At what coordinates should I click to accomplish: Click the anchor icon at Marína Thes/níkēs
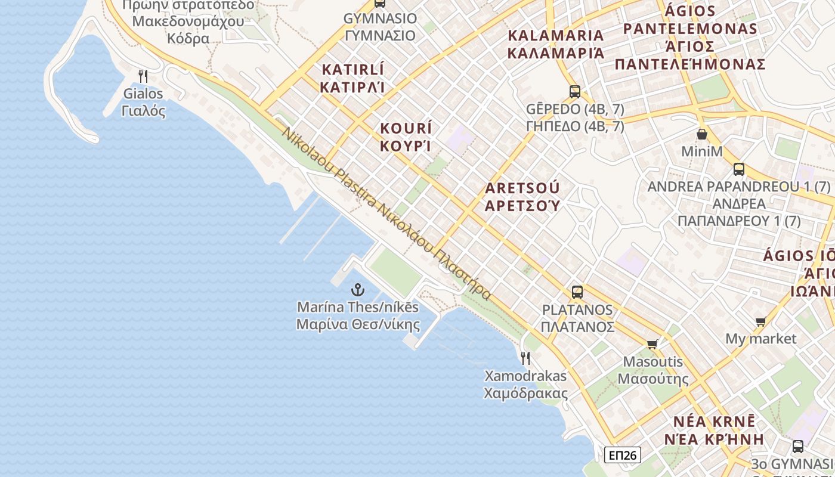point(357,290)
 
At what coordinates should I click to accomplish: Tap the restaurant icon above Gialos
point(143,76)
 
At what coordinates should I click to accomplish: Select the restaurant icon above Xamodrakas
point(525,358)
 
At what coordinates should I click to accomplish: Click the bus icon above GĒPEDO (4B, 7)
point(575,91)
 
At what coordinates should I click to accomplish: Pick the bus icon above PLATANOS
point(577,292)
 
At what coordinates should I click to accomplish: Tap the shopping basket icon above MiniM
point(702,134)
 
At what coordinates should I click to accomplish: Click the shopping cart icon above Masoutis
point(652,344)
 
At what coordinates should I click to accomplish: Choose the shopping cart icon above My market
point(760,322)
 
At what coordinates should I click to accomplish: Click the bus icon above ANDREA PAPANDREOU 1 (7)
point(739,169)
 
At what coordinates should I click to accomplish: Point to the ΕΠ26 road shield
point(622,456)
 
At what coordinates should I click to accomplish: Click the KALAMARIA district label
point(556,35)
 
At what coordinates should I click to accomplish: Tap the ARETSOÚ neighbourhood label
point(522,188)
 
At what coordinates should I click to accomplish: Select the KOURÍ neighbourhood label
point(406,128)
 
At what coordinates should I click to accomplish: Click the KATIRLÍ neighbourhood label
point(352,69)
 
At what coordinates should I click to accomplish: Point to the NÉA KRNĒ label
point(714,422)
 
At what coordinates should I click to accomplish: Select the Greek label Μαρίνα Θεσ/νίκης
point(358,325)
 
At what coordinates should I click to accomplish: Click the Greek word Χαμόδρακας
point(525,394)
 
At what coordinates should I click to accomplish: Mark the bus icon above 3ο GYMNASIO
point(798,446)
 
